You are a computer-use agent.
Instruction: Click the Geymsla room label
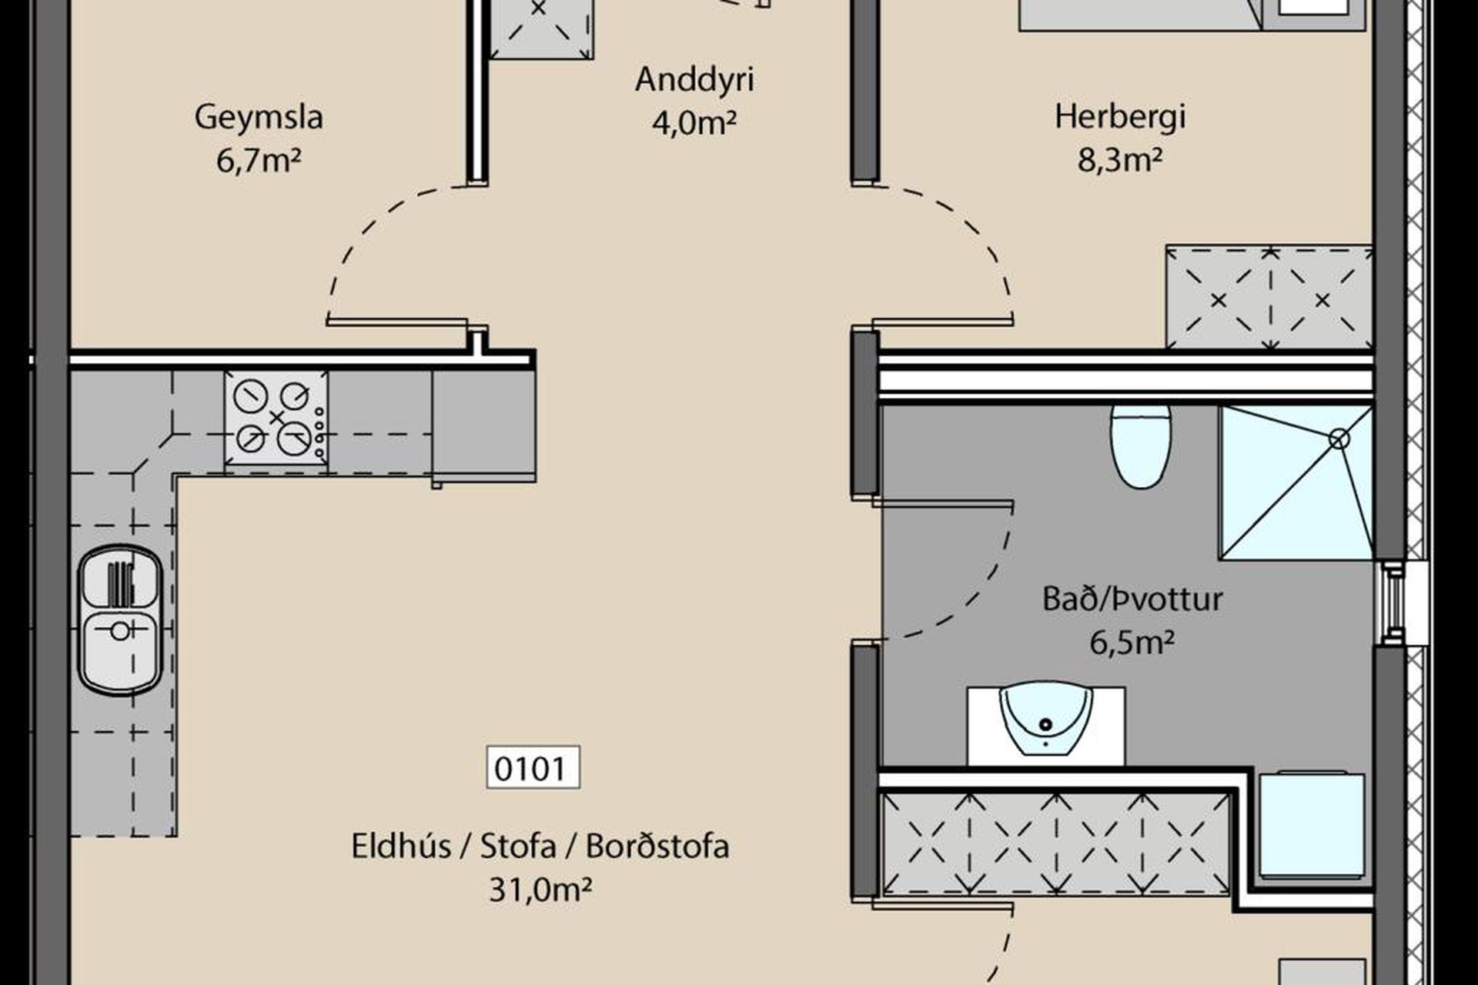click(x=259, y=117)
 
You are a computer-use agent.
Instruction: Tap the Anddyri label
click(x=694, y=79)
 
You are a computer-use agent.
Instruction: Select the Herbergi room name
click(x=1119, y=117)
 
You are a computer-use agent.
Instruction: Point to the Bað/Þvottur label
click(x=1132, y=599)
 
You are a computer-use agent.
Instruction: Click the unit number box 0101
click(x=533, y=768)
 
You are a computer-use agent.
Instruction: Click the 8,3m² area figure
click(x=1119, y=161)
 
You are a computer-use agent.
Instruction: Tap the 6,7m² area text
click(x=259, y=161)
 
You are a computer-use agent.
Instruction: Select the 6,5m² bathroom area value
click(x=1132, y=643)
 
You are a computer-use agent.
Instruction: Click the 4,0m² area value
click(x=694, y=122)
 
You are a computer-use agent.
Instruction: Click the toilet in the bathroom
click(x=1141, y=447)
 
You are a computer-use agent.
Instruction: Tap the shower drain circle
click(x=1339, y=439)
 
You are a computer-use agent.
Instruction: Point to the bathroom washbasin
click(x=1045, y=720)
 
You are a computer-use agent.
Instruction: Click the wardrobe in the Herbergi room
click(x=1270, y=299)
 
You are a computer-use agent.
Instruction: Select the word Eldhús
click(x=400, y=846)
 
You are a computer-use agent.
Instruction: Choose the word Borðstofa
click(x=657, y=846)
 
